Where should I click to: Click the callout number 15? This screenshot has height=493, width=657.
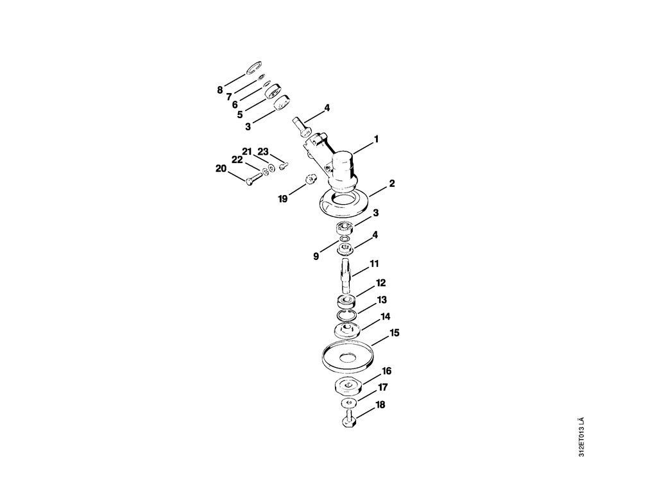tap(395, 333)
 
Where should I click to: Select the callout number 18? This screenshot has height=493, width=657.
tap(380, 405)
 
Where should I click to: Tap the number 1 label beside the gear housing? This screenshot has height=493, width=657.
tap(376, 139)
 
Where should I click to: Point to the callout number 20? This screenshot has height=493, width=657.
tap(221, 169)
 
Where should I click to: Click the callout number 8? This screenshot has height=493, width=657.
tap(220, 90)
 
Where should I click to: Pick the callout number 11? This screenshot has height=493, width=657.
tap(374, 264)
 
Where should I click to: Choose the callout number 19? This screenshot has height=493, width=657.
tap(282, 199)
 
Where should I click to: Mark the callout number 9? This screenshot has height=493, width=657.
tap(316, 256)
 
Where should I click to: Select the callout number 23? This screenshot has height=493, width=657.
tap(263, 151)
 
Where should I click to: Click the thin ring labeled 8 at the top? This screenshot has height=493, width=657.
tap(252, 67)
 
